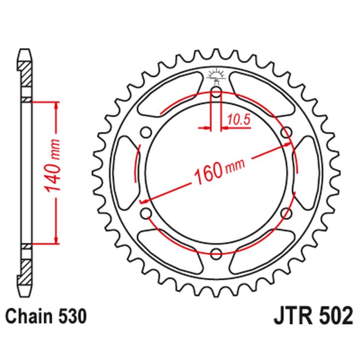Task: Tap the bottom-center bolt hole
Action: click(216, 252)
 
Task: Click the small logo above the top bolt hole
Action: click(216, 76)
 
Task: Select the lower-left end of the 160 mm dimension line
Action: click(143, 200)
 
